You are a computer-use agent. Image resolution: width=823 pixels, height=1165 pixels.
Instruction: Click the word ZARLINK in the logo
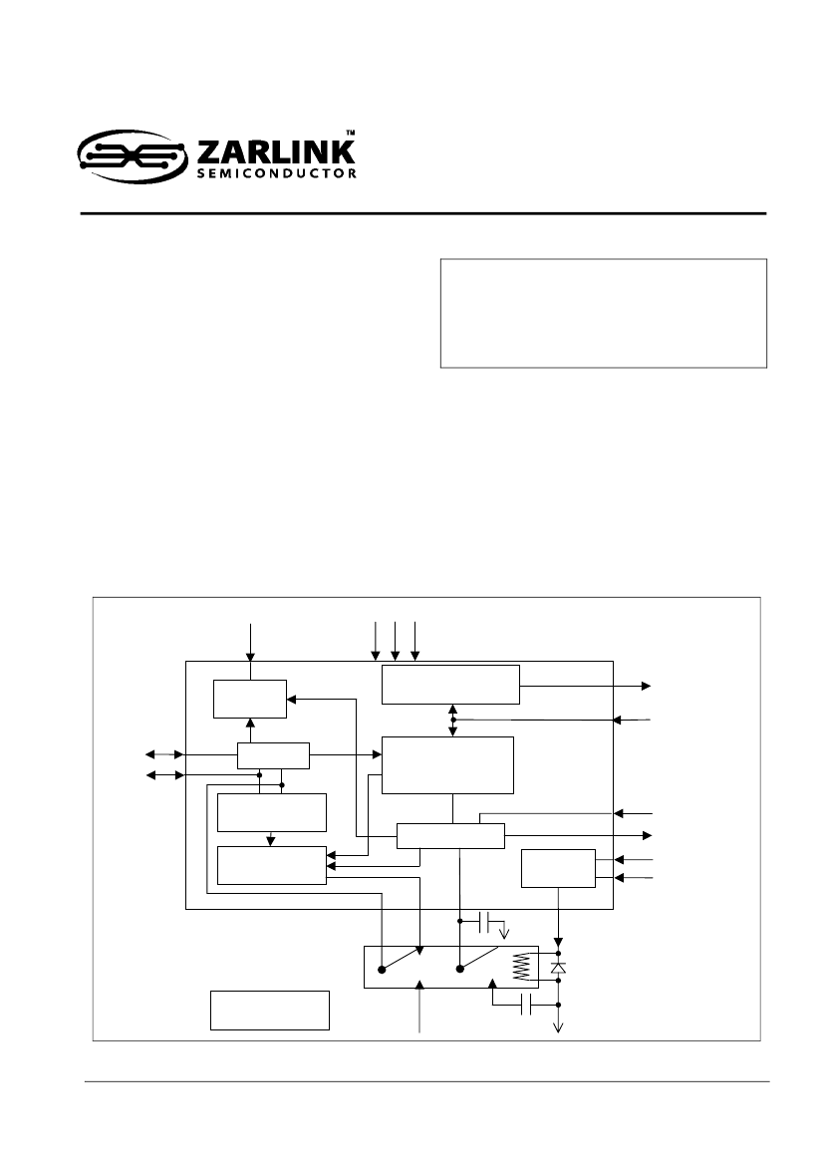[276, 152]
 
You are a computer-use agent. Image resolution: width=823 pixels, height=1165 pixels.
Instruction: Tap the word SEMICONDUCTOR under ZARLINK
[276, 173]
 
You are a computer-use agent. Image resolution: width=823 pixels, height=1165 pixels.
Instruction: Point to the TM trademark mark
[351, 133]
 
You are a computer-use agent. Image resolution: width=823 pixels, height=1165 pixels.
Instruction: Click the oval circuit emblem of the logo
[133, 156]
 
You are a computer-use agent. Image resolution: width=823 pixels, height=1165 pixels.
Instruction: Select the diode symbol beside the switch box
[559, 968]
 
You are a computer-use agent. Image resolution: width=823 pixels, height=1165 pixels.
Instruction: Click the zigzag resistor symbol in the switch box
[524, 968]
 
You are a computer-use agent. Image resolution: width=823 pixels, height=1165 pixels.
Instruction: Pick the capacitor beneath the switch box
[528, 1006]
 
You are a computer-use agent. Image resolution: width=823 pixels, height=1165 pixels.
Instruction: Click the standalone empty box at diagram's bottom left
[270, 1011]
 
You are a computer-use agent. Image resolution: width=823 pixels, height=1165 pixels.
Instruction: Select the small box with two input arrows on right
[558, 868]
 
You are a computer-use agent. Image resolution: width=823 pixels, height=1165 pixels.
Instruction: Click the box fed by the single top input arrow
[249, 699]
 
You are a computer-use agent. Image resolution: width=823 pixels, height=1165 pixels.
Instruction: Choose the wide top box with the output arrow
[450, 685]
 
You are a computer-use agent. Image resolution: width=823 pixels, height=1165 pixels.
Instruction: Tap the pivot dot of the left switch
[382, 969]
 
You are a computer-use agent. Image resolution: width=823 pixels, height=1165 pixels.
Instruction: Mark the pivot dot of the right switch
[459, 969]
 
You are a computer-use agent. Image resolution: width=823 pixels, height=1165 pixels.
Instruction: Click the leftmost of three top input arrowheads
[376, 656]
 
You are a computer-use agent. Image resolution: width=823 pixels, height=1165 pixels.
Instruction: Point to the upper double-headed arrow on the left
[164, 754]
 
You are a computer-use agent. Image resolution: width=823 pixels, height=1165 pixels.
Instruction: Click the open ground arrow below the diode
[559, 1028]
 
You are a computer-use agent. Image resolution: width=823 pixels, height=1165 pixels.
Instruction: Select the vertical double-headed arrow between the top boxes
[453, 720]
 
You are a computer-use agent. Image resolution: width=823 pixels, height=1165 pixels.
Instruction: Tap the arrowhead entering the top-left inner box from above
[250, 656]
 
